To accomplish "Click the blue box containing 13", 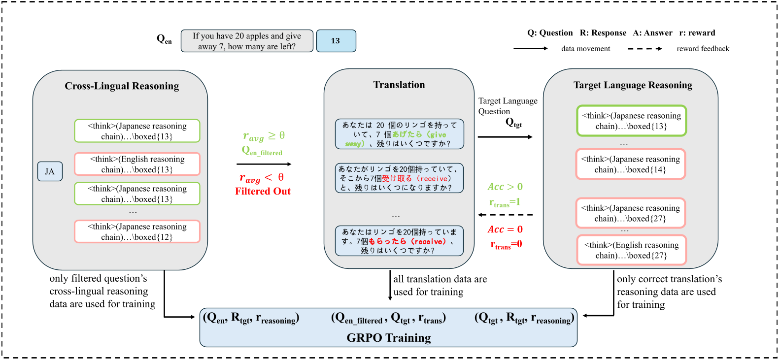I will [336, 41].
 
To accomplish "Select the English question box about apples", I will [246, 41].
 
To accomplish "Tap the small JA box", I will [50, 171].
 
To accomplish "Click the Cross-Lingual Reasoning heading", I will [122, 86].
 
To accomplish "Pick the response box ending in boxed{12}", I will [137, 231].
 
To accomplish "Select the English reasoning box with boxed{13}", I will [137, 164].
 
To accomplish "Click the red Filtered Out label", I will [263, 191].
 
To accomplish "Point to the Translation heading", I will [399, 85].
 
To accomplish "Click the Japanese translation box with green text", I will [399, 134].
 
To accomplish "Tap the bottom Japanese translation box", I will [399, 241].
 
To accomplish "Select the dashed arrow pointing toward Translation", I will [505, 215].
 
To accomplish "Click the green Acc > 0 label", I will [505, 187].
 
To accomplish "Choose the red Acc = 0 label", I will [505, 229].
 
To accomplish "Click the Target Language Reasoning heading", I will [633, 85].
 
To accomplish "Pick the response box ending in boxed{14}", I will [630, 164].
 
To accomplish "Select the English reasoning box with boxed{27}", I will [631, 250].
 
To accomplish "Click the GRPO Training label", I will [388, 337].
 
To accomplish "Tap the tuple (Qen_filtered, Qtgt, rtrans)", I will [388, 319].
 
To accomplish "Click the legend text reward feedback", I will [703, 49].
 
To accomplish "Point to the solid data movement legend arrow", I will [530, 48].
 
